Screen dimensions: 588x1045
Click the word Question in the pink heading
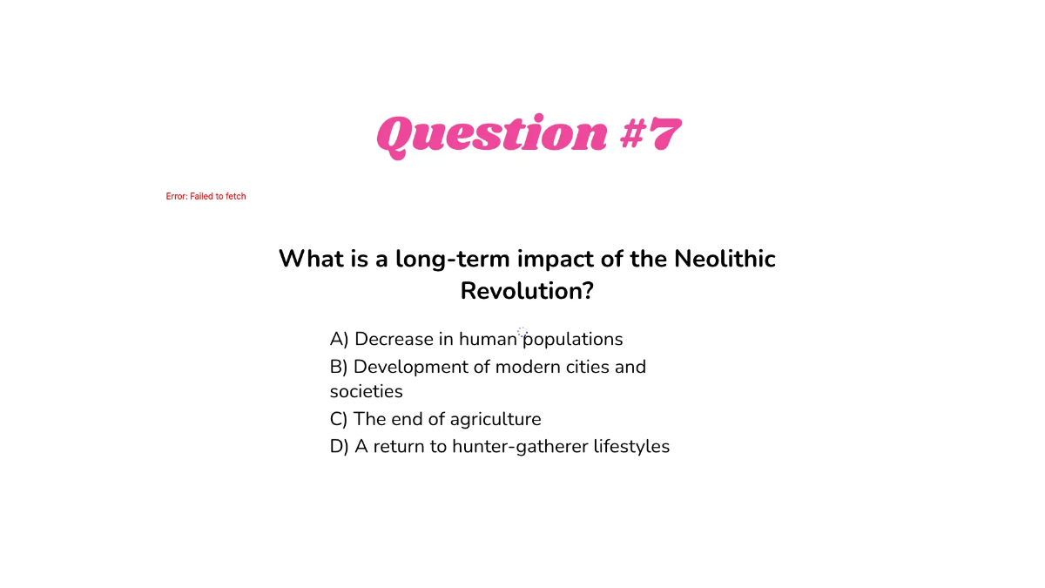coord(491,136)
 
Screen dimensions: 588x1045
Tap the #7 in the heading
coord(651,136)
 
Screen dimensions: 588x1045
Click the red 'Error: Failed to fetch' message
coord(206,197)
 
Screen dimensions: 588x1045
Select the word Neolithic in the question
coord(725,259)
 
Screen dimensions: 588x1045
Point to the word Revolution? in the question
coord(527,291)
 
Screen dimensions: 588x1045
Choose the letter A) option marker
coord(339,340)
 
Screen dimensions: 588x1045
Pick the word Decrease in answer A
coord(394,340)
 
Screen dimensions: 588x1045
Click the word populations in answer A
coord(573,340)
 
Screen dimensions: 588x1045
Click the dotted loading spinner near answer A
coord(522,332)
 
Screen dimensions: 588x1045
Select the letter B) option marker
coord(339,367)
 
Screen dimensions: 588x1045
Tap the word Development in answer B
coord(410,367)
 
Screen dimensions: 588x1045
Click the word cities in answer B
coord(583,367)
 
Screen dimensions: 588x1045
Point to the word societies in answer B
coord(367,392)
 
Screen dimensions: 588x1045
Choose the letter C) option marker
coord(339,420)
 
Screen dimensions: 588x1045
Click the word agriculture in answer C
coord(496,420)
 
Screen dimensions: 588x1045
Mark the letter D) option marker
coord(340,447)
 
